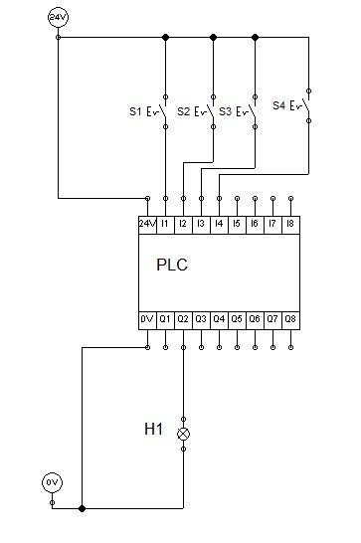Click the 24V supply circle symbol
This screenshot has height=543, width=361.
click(x=58, y=17)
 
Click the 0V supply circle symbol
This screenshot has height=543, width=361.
click(x=52, y=482)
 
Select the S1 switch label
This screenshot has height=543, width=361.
click(x=135, y=111)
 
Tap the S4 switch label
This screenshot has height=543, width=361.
click(x=278, y=105)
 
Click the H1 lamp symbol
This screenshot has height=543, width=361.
click(x=183, y=434)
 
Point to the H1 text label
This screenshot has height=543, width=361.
click(x=153, y=429)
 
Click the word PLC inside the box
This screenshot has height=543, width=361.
click(x=172, y=265)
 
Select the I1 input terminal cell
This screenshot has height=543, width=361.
click(x=165, y=225)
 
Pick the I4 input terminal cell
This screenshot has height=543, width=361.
click(x=219, y=225)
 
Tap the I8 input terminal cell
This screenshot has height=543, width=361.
click(x=290, y=225)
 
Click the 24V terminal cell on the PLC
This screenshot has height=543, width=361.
click(x=147, y=225)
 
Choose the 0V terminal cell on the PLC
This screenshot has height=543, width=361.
click(x=147, y=320)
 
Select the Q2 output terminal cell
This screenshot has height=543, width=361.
click(x=183, y=320)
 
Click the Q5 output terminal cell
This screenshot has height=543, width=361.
click(x=237, y=320)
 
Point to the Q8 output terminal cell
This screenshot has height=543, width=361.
click(x=290, y=320)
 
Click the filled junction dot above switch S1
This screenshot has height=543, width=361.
click(x=165, y=37)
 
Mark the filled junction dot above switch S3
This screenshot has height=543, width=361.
click(x=255, y=37)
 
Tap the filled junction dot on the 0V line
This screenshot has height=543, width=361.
click(x=82, y=508)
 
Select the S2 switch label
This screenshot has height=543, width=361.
click(x=183, y=111)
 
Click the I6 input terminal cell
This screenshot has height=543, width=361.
click(x=255, y=225)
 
